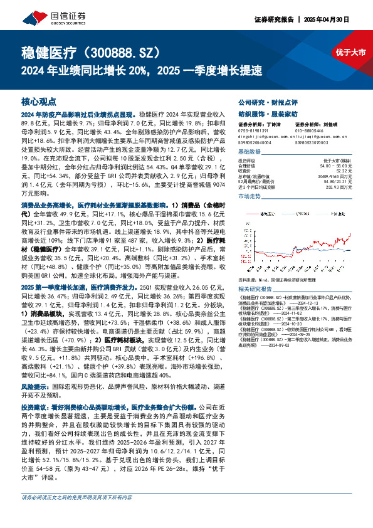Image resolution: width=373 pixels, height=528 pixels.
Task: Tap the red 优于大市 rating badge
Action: [350, 53]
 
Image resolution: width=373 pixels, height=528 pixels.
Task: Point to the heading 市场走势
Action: [248, 196]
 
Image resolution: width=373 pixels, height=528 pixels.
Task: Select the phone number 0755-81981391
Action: [253, 130]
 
